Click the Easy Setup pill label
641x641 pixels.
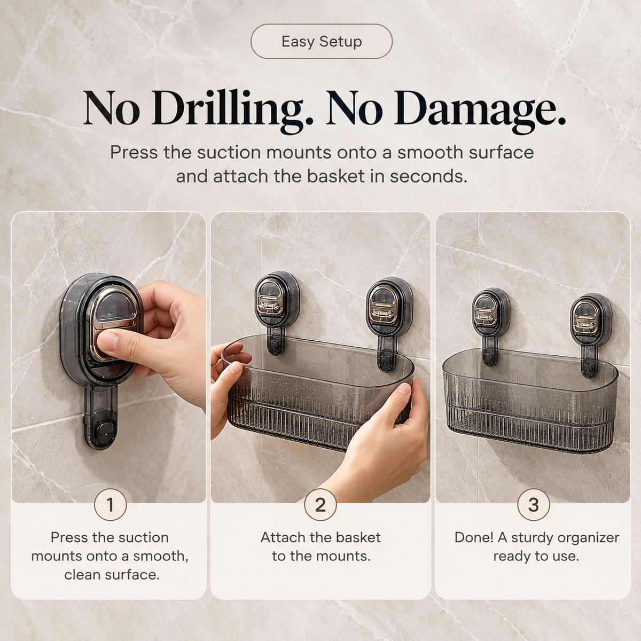click(x=322, y=42)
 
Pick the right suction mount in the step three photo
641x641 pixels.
click(x=591, y=326)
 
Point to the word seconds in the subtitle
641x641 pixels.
click(x=428, y=177)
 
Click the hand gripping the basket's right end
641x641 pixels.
click(x=382, y=439)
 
